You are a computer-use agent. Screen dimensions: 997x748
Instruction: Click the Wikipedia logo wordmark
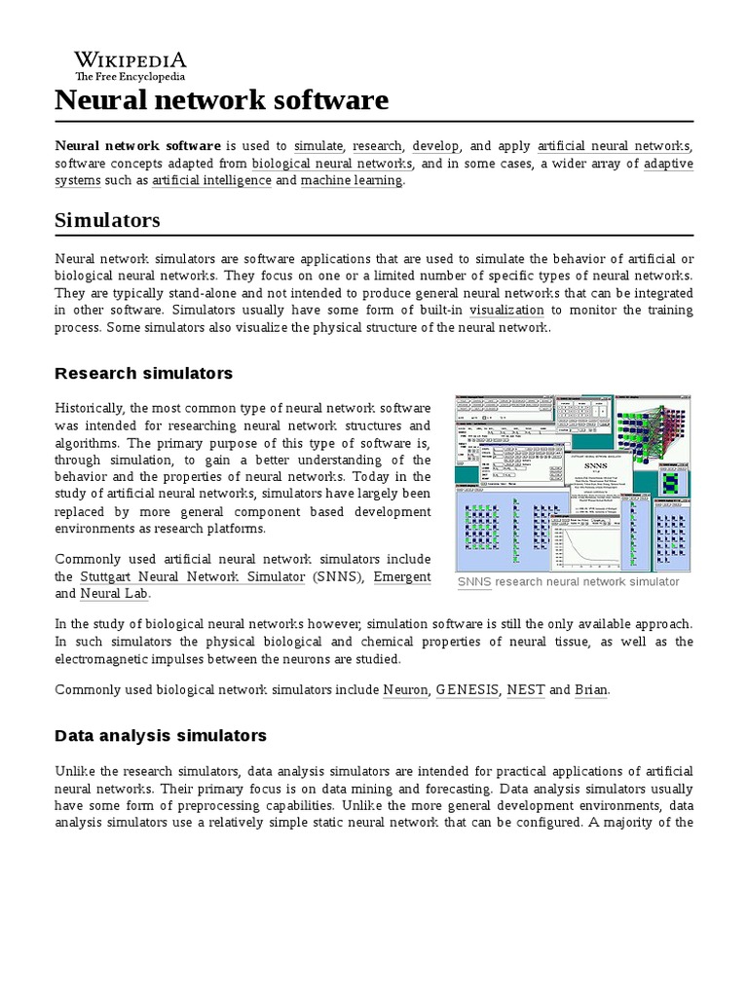tap(131, 59)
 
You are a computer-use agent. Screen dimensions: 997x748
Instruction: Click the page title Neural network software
tap(221, 99)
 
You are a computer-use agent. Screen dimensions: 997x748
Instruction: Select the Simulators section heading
tap(107, 221)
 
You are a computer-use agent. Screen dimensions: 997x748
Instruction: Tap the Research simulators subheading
tap(144, 373)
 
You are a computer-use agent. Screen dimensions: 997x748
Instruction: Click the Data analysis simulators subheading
tap(161, 735)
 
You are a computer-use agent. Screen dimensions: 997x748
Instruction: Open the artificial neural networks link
tap(614, 145)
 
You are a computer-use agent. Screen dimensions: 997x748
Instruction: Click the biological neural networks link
tap(331, 163)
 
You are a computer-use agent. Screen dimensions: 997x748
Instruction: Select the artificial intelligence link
tap(211, 180)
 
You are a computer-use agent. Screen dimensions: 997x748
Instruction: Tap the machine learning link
tap(351, 180)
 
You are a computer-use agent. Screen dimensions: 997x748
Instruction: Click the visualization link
tap(506, 310)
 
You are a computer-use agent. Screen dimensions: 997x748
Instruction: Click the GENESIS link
tap(466, 689)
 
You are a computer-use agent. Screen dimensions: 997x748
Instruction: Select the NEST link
tap(524, 689)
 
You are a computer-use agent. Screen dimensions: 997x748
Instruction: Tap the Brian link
tap(591, 689)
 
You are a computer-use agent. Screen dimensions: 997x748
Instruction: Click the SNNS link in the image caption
tap(473, 581)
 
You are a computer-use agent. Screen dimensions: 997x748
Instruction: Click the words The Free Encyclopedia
tap(131, 76)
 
